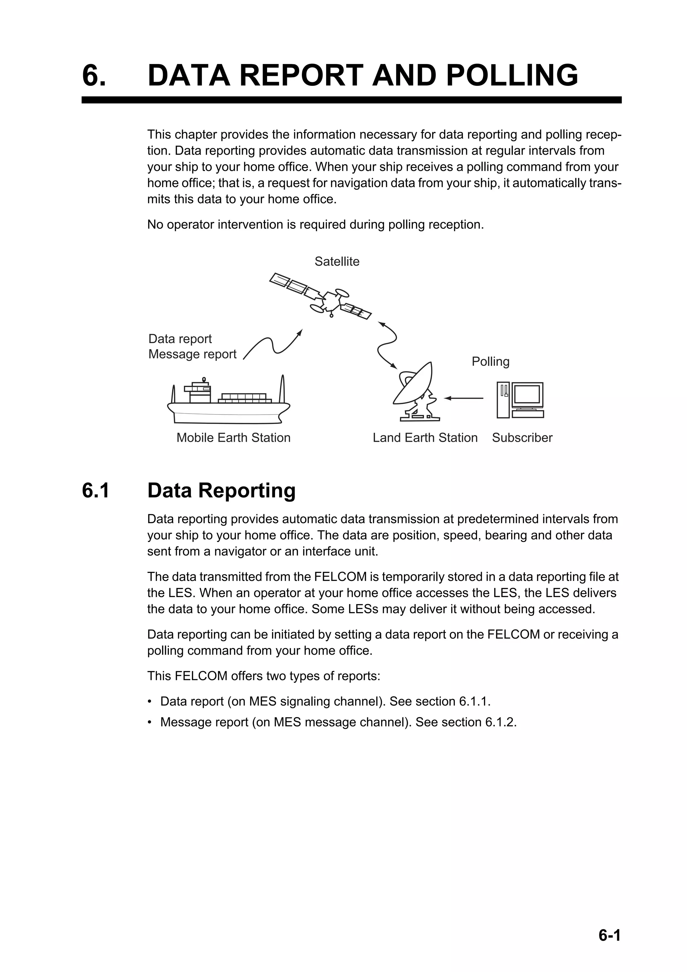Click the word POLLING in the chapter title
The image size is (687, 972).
[512, 75]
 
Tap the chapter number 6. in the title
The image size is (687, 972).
[94, 75]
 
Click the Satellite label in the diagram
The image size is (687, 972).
[336, 262]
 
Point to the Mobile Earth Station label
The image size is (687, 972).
[233, 437]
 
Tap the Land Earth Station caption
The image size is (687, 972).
[425, 437]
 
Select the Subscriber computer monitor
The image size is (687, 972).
[527, 394]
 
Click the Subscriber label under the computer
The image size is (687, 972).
[522, 437]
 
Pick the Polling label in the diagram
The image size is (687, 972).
[490, 362]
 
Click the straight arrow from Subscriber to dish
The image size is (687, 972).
[464, 398]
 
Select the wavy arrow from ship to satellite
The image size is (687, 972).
[273, 345]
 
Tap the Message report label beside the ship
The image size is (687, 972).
[192, 354]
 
